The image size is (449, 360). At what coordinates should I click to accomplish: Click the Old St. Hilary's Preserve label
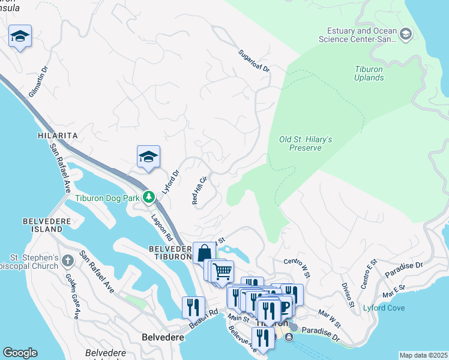point(306,143)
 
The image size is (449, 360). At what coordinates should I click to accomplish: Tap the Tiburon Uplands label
point(369,73)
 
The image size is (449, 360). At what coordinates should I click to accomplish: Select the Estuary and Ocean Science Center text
point(362,35)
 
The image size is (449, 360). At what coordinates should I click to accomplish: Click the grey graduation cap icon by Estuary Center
point(406,34)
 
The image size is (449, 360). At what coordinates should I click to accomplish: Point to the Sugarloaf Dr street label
point(254,61)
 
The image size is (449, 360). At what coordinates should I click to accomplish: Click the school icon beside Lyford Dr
point(148,158)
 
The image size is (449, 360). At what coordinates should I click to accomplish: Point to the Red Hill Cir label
point(199,190)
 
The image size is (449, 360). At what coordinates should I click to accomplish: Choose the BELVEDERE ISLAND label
point(43,225)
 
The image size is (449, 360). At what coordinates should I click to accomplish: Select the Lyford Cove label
point(384,308)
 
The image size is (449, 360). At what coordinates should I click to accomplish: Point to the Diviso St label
point(348,291)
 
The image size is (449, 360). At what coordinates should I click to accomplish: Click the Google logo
point(20,353)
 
